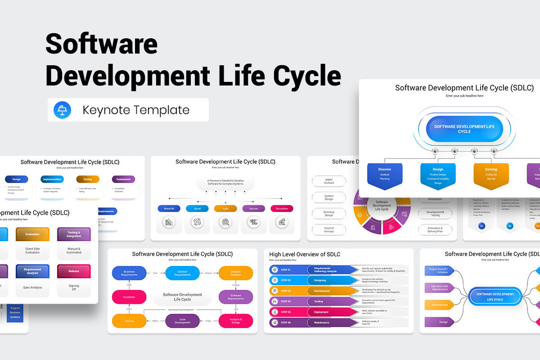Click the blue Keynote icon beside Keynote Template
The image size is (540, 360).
coord(62,110)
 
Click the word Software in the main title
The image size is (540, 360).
coord(101,45)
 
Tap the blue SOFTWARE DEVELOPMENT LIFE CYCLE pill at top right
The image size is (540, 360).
coord(464,129)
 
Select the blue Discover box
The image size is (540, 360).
coord(385,174)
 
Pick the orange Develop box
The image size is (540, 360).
coord(491,174)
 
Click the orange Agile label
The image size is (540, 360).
coord(225,208)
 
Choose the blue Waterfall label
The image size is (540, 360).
coord(169,208)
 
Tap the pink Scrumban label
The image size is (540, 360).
coord(282,208)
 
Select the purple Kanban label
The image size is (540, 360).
coord(253,208)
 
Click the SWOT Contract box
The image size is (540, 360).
coord(329,181)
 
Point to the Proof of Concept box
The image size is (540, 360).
coord(329,229)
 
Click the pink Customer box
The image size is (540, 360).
coord(129,297)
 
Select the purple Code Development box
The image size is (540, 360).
coord(183,320)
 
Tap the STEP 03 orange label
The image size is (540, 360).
coord(286,291)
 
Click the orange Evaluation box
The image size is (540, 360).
coord(32,234)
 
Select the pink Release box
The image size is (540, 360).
coord(74,271)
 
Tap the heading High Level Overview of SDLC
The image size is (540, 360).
coord(305,254)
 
